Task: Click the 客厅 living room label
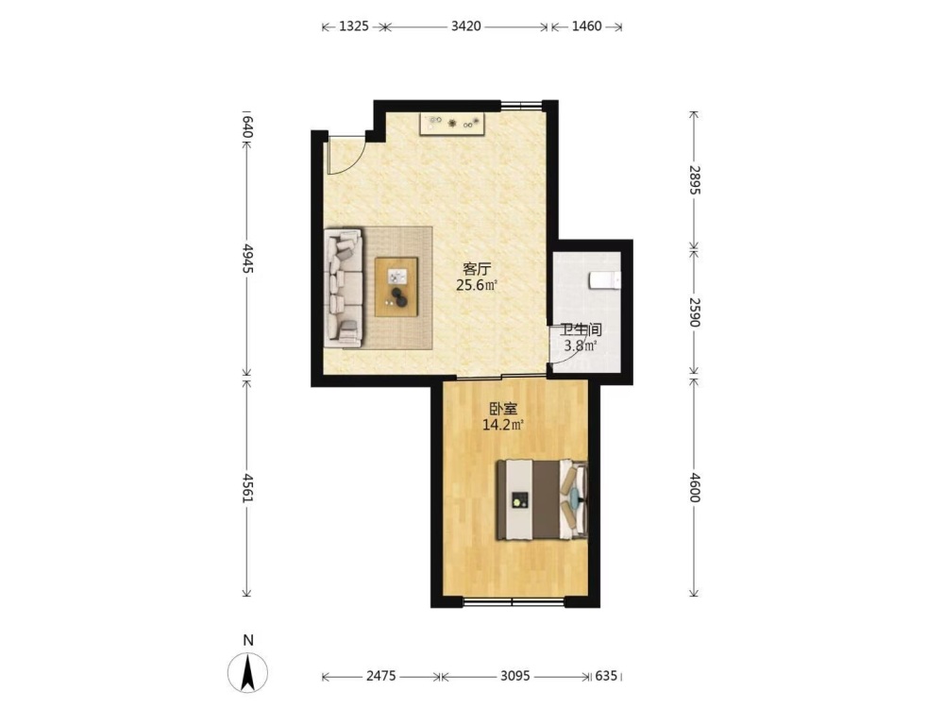477,268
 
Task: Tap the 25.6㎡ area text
477,285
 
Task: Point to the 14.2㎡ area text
503,425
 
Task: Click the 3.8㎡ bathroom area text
581,346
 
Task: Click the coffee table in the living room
396,287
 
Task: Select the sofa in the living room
344,288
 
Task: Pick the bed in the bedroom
542,499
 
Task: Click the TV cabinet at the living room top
453,124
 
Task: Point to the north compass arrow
247,672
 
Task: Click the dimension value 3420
466,26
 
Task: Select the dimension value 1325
353,26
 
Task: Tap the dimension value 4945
246,259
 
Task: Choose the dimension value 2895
694,179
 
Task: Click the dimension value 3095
515,676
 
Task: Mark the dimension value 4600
694,488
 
